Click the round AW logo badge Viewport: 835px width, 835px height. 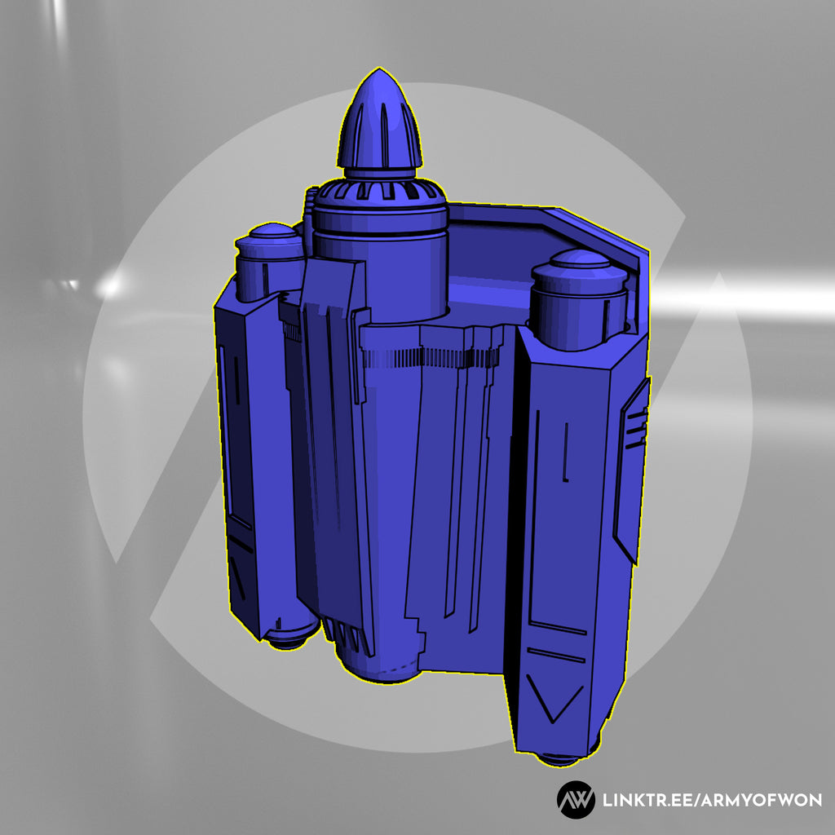pyautogui.click(x=576, y=800)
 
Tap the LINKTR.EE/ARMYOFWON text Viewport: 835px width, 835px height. pyautogui.click(x=711, y=800)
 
